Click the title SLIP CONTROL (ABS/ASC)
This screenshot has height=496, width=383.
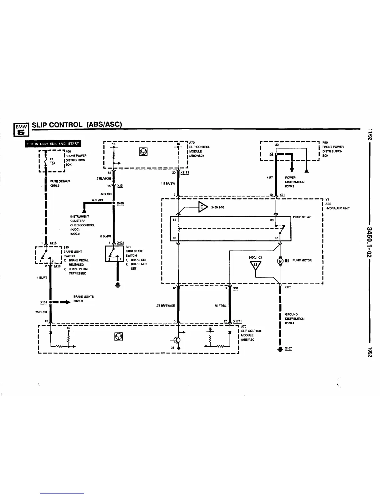tap(77, 124)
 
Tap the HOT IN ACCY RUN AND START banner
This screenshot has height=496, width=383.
tap(53, 144)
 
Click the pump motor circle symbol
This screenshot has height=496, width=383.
tap(280, 260)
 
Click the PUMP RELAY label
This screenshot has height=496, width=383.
tap(302, 217)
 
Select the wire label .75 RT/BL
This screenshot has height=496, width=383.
tap(220, 306)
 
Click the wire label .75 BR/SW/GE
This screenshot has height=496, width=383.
tap(166, 306)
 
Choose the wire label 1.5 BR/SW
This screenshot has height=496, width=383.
tap(168, 184)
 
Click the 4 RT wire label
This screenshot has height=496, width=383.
tap(269, 178)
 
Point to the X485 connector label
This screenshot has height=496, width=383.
tap(120, 204)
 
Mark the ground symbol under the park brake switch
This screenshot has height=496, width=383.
tap(118, 285)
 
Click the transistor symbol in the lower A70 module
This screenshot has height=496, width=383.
tap(177, 340)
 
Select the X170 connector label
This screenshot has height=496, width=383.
tap(288, 287)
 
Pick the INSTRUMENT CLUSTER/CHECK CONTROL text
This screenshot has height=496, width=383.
tap(82, 223)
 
